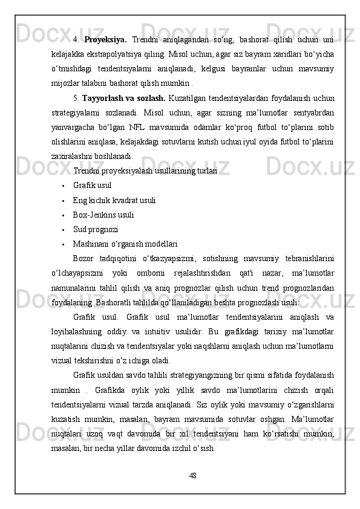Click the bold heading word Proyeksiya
(x=105, y=40)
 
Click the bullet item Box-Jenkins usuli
(x=103, y=215)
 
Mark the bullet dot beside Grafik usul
(x=63, y=186)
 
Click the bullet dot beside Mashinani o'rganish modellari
(x=63, y=244)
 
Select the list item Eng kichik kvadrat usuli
(x=114, y=200)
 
